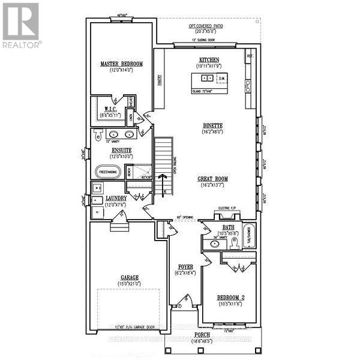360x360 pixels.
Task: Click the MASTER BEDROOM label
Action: coord(121,64)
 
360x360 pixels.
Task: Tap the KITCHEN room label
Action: coord(209,59)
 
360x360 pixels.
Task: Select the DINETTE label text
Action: coord(212,125)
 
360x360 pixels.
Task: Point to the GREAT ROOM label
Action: coord(214,179)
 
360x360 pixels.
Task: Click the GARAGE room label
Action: coord(128,277)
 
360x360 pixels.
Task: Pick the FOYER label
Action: coord(184,266)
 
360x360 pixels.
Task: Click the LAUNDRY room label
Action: coord(116,198)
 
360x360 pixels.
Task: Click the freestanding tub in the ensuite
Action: coord(107,172)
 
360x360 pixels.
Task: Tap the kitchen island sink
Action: coord(206,78)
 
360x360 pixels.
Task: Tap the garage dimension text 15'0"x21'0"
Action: coord(128,284)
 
